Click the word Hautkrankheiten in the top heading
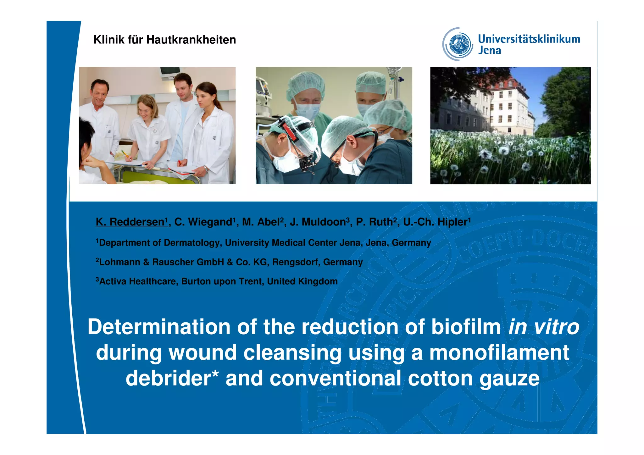point(191,40)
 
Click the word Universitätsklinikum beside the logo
point(529,39)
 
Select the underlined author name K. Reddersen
point(130,222)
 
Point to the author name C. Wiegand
point(203,222)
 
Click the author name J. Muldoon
point(318,222)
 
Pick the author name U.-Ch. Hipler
point(435,222)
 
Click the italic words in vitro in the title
point(543,327)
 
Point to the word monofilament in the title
point(499,352)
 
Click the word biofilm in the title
point(466,327)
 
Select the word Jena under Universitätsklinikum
point(489,50)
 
